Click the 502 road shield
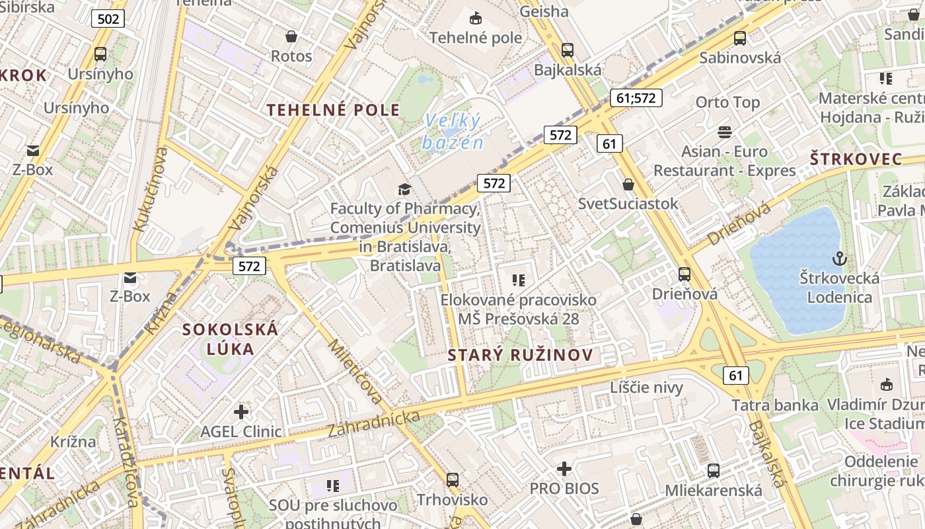coord(108,19)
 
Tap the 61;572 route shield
coord(635,98)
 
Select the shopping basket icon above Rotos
coord(291,36)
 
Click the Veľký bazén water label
coord(453,132)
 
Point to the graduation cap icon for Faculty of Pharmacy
coord(404,190)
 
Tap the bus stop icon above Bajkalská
coord(567,50)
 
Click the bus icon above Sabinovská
coord(740,38)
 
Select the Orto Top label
coord(727,102)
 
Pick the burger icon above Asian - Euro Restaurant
coord(725,132)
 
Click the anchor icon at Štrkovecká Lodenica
coord(840,259)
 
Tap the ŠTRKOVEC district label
coord(856,159)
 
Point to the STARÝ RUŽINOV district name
coord(521,355)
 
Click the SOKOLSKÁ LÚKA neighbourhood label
coord(230,339)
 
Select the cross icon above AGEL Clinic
coord(241,412)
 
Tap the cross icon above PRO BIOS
coord(564,469)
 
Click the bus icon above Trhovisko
coord(453,479)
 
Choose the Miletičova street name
coord(355,370)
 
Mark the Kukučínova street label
coord(149,189)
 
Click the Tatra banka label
coord(774,405)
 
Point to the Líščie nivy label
coord(646,387)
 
